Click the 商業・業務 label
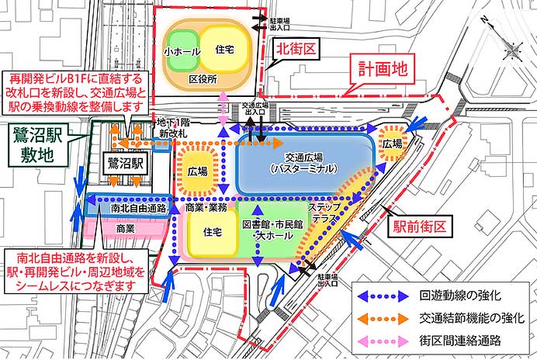point(207,207)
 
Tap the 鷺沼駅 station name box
point(126,164)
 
